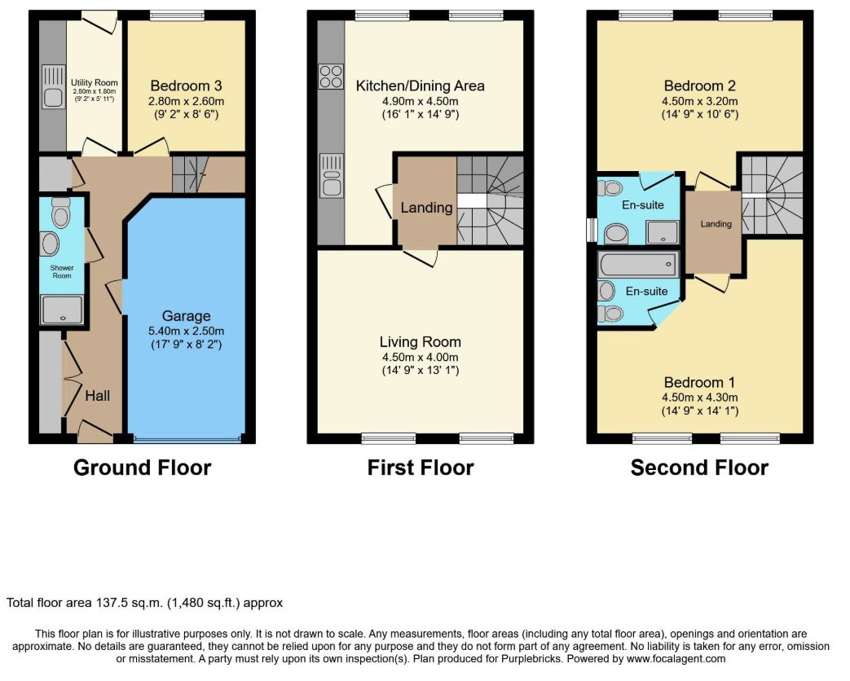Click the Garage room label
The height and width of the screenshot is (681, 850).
186,316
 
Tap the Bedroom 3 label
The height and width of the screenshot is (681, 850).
186,86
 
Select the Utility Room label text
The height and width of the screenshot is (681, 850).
95,83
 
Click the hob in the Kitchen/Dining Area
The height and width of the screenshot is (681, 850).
331,77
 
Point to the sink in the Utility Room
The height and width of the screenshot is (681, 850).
53,87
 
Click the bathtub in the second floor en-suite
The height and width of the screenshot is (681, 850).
638,265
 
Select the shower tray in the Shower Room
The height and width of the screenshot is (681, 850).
62,310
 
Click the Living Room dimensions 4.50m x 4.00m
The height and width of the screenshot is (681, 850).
421,357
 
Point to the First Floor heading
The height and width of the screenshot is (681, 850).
421,468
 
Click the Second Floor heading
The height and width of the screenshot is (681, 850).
699,468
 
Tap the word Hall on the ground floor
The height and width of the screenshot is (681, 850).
98,396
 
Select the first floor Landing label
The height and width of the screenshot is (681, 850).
426,208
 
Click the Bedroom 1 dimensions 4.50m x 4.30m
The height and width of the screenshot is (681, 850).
700,398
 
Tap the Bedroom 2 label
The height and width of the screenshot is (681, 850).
700,86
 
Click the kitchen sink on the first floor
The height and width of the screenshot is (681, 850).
331,175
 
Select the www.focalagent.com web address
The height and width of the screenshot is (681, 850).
676,659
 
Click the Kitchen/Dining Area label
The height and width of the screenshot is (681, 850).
421,86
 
